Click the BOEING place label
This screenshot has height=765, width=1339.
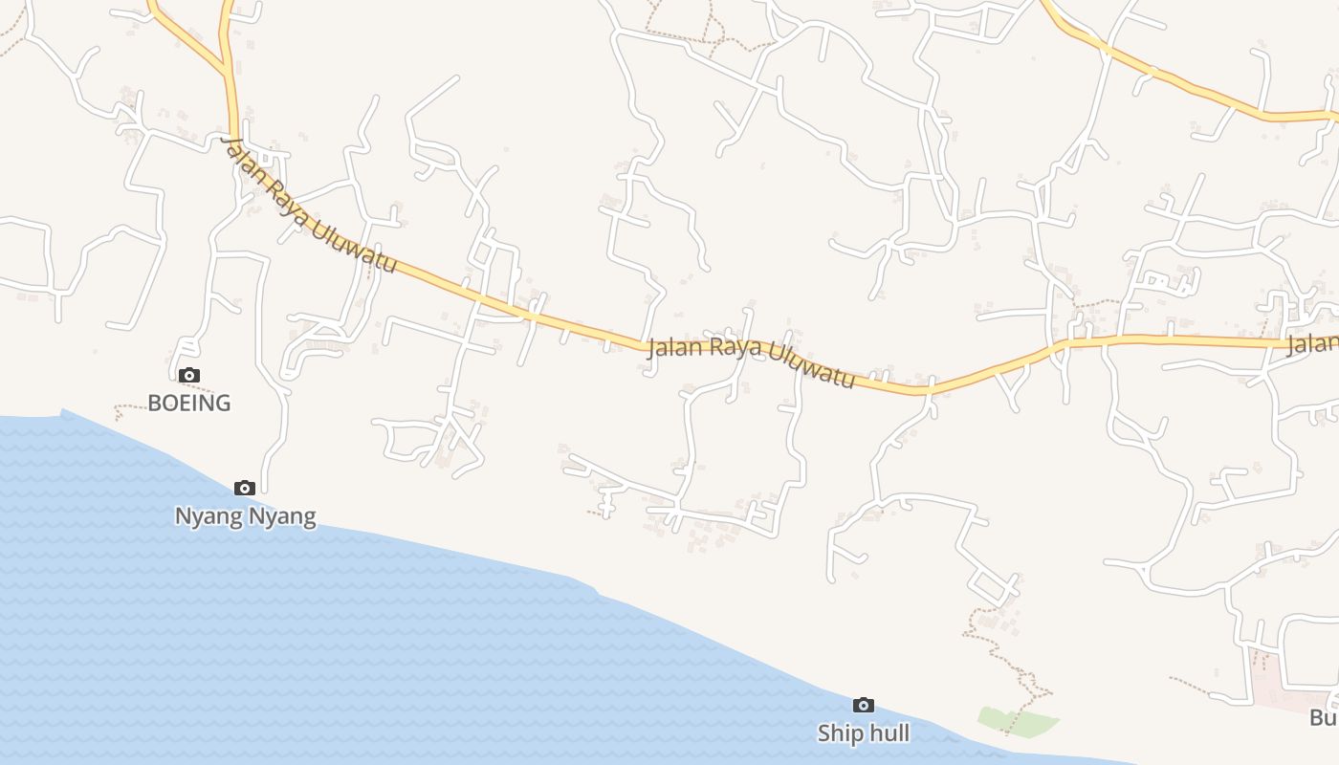tap(189, 403)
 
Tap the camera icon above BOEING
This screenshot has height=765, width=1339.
tap(189, 375)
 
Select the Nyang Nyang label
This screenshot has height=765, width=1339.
tap(245, 516)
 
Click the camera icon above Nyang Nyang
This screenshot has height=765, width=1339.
tap(245, 488)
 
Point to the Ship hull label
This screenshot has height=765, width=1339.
tap(863, 733)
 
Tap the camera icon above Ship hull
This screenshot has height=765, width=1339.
tap(863, 705)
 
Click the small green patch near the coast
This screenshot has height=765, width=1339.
tap(1017, 722)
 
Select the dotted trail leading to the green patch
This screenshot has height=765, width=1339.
tap(1014, 660)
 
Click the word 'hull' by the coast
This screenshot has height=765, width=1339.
tap(889, 733)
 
